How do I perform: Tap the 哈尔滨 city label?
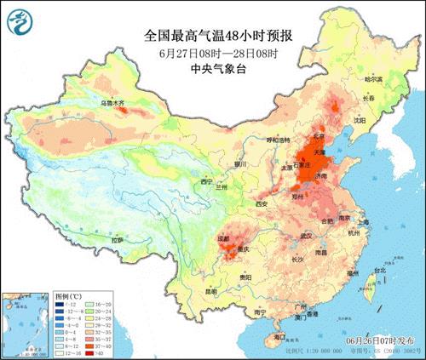pos(374,79)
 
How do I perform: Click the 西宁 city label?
pos(204,182)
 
